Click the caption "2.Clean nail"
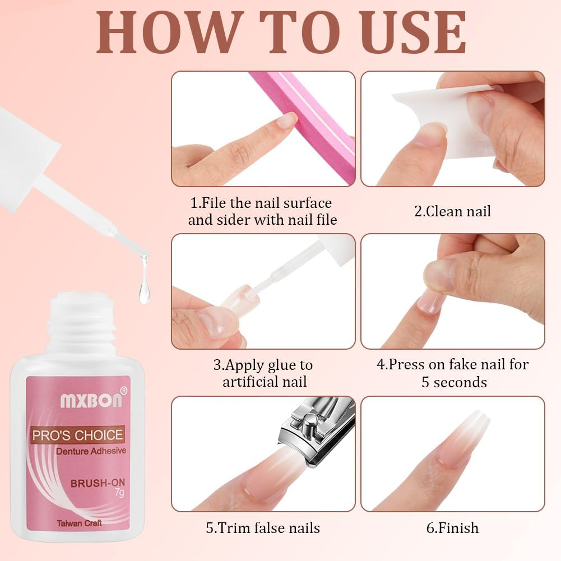[452, 211]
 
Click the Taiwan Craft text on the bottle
[78, 523]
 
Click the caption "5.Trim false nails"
[263, 528]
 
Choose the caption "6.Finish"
[452, 528]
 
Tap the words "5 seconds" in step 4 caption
[454, 382]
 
